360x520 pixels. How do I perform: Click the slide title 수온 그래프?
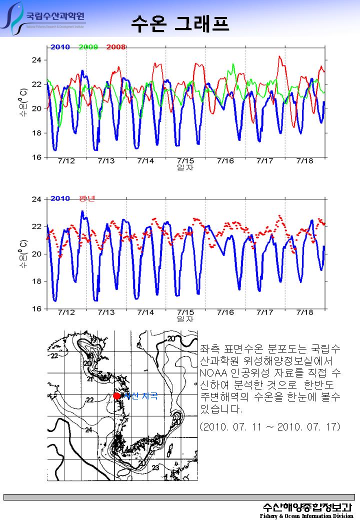[x=180, y=22]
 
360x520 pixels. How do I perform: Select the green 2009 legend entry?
[x=88, y=47]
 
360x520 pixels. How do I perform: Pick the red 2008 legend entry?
[x=115, y=47]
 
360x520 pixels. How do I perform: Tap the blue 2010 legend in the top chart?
[x=60, y=47]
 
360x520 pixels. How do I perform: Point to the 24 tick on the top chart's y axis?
[x=38, y=60]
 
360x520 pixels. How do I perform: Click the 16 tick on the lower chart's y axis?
[x=38, y=308]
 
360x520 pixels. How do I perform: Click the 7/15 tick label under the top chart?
[x=185, y=161]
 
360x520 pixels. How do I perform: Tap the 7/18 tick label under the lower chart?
[x=304, y=312]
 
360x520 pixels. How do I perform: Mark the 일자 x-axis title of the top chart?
[x=185, y=168]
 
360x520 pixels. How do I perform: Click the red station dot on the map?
[x=116, y=396]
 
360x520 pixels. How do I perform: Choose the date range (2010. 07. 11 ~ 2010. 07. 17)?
[x=269, y=426]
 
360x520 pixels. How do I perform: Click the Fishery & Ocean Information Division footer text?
[x=306, y=515]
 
